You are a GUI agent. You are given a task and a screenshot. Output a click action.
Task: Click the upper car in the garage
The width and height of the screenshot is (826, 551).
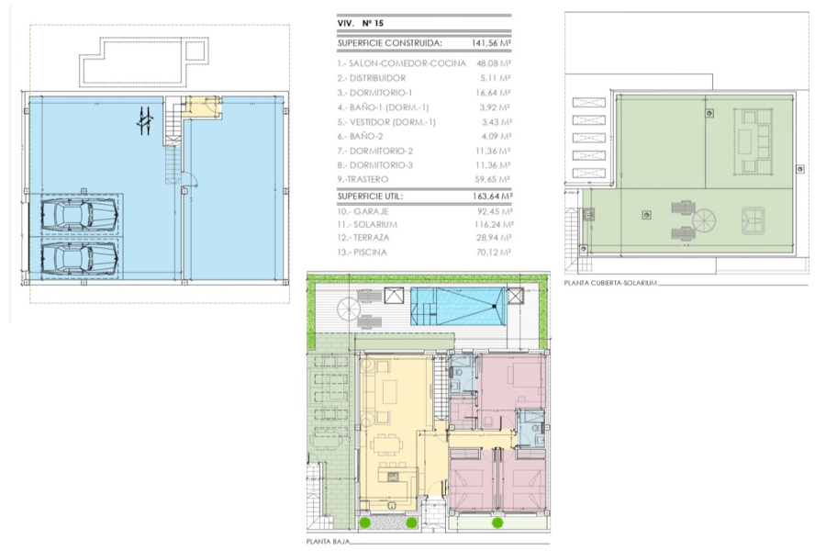79,217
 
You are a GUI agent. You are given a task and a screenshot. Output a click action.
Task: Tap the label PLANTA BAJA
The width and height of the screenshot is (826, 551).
333,542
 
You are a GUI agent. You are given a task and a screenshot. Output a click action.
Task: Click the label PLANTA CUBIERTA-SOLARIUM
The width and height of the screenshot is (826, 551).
611,283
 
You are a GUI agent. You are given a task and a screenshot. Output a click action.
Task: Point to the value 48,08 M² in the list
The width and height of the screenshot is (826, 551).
493,64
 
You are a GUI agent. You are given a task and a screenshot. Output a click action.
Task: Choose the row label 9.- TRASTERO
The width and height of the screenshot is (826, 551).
363,179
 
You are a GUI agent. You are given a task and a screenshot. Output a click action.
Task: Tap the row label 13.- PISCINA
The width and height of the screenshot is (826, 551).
363,252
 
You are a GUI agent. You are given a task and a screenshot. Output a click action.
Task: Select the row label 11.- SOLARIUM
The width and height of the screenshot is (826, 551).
367,223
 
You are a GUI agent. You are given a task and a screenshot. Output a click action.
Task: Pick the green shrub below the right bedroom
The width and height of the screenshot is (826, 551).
497,523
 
